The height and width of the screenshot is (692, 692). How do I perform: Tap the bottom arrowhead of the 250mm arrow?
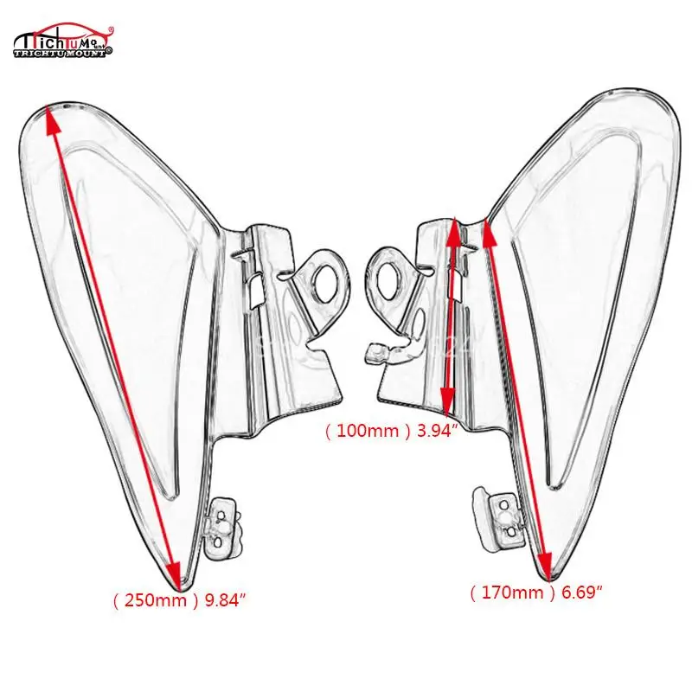pyautogui.click(x=175, y=573)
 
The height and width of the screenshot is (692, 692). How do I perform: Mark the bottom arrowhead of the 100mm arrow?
pyautogui.click(x=446, y=400)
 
